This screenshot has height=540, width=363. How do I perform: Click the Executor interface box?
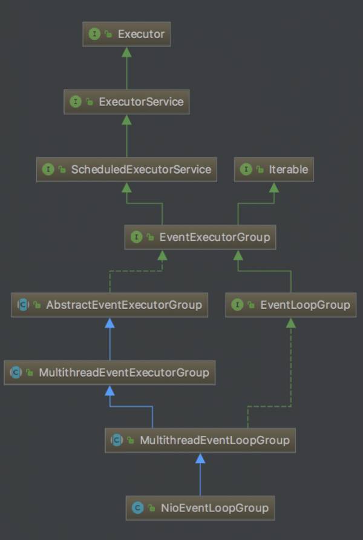(x=126, y=34)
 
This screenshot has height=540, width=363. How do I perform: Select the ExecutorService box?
(x=126, y=102)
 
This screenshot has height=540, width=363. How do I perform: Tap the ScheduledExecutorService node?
(x=126, y=170)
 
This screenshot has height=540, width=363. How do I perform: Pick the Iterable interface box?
(x=274, y=170)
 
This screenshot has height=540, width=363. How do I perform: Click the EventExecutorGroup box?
(x=200, y=237)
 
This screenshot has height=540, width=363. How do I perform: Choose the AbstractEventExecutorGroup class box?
(x=110, y=305)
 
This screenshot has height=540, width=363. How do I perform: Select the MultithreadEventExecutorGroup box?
(x=110, y=372)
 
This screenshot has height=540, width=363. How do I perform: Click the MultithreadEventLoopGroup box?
(x=200, y=440)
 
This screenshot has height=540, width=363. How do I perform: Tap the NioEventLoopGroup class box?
(x=200, y=507)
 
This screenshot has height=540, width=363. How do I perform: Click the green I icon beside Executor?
(x=94, y=34)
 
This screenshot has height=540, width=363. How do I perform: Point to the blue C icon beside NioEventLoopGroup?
(x=138, y=507)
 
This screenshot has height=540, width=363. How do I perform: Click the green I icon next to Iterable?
(x=246, y=170)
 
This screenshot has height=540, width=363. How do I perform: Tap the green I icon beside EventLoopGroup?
(x=237, y=305)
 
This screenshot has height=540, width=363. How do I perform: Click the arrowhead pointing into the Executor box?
(x=126, y=52)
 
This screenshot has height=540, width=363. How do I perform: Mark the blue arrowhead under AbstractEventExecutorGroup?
(x=110, y=323)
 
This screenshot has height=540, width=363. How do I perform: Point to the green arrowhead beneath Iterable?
(x=274, y=188)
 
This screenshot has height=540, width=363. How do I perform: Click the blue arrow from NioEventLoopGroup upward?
(x=200, y=478)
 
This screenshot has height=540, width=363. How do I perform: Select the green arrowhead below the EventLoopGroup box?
(x=291, y=323)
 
